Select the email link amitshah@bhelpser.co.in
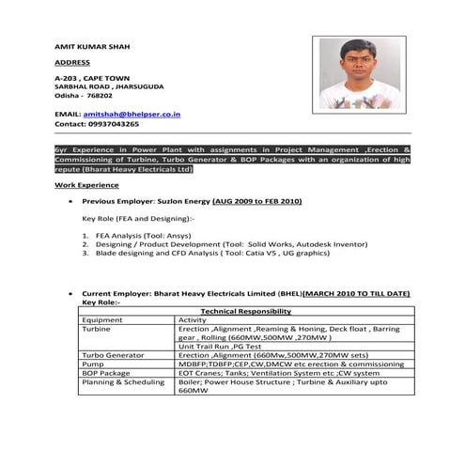tap(132, 114)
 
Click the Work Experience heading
tap(86, 186)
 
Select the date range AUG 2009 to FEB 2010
tap(257, 201)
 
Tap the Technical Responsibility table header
tap(246, 310)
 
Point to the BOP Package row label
tap(106, 373)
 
